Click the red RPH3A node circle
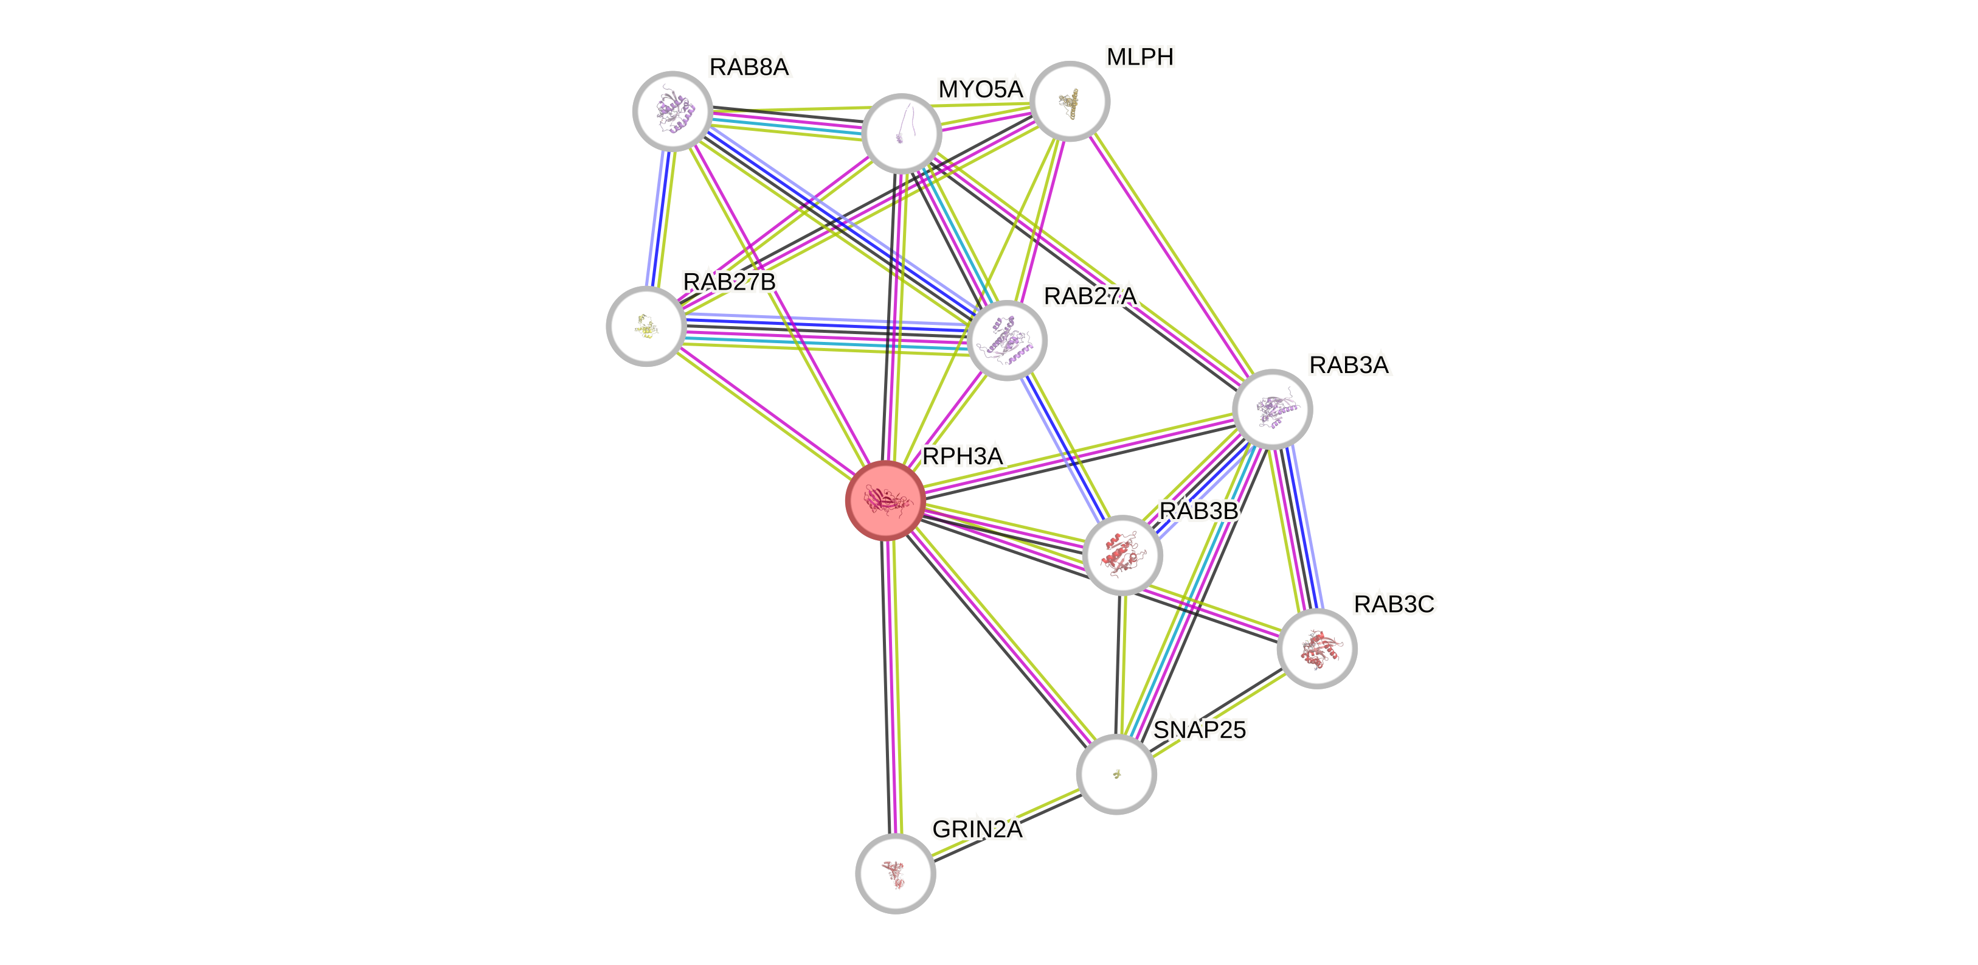885,500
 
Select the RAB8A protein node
673,111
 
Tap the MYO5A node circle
902,133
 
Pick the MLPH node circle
1070,100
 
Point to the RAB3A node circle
1272,409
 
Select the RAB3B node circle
1122,554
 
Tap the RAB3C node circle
1317,649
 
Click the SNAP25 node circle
1116,774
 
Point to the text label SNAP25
1200,729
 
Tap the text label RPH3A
962,456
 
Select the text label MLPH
1140,57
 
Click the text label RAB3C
1394,605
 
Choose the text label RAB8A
749,68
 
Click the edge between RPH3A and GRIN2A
891,691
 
